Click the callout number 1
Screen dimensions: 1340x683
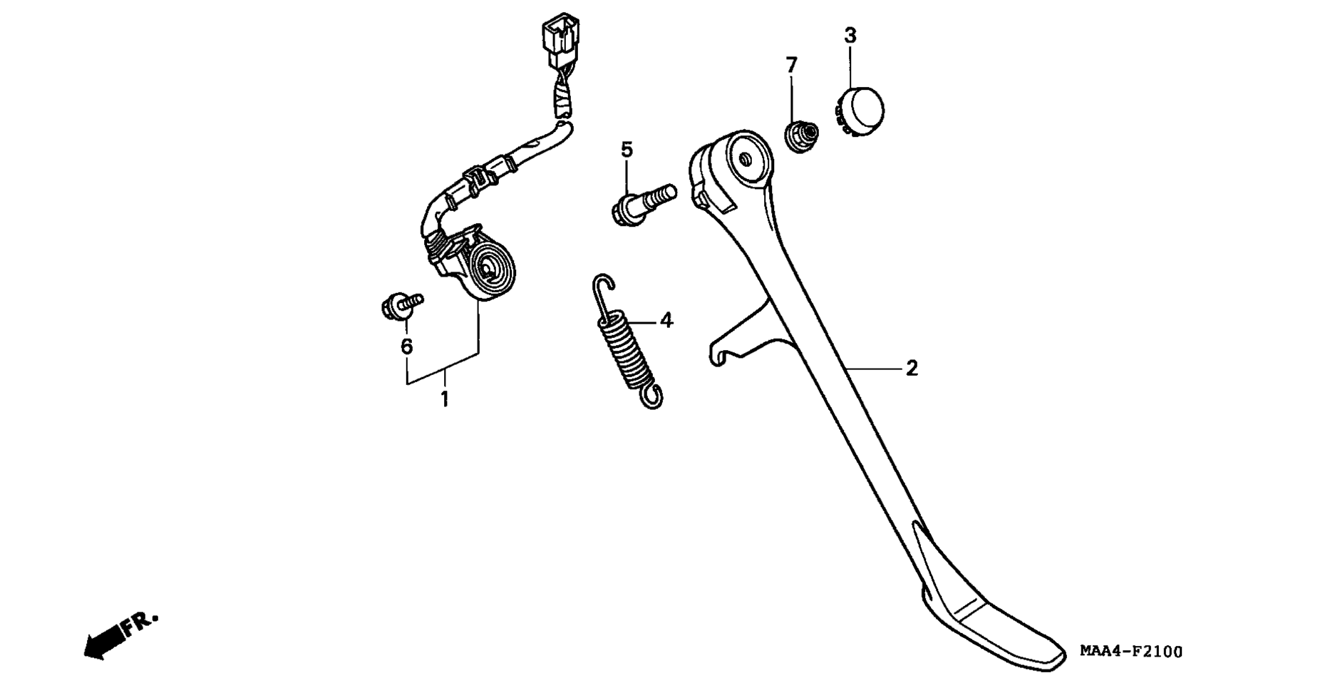445,399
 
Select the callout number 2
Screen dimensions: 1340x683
912,369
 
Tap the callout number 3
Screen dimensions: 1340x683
850,35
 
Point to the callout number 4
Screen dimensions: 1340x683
666,321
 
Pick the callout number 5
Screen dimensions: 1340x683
627,150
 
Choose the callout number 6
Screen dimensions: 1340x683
406,346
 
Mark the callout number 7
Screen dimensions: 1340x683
791,66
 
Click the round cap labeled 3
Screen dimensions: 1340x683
859,111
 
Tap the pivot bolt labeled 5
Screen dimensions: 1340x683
642,203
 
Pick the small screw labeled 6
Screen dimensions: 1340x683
401,305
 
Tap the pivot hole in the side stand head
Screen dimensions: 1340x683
745,160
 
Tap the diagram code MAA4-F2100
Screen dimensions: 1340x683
1130,652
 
